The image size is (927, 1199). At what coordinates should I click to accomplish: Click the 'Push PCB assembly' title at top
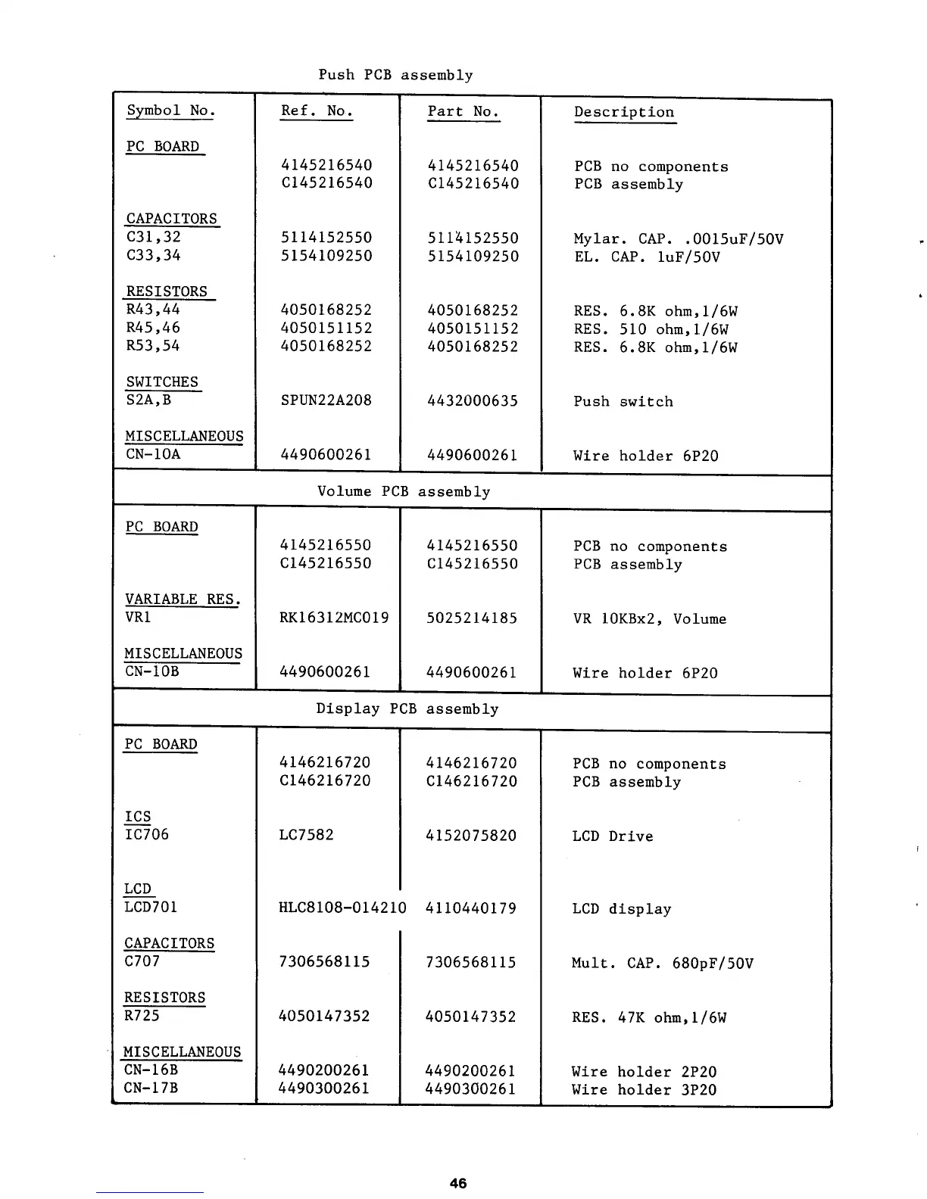click(x=395, y=75)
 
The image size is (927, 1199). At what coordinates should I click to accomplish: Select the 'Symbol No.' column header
click(x=170, y=111)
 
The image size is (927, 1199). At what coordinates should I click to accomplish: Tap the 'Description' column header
click(x=623, y=112)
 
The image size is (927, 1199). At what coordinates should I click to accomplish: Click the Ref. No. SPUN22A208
click(x=326, y=400)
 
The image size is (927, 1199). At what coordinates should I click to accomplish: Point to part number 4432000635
click(x=473, y=401)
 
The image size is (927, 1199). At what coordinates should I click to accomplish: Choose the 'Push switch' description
click(x=623, y=402)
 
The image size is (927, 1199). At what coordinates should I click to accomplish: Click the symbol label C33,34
click(x=153, y=255)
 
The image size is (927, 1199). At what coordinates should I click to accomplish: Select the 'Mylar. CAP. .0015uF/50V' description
click(x=678, y=239)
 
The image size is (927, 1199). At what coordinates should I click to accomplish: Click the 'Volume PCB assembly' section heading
click(x=404, y=492)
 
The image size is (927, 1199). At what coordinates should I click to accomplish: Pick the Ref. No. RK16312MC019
click(x=334, y=618)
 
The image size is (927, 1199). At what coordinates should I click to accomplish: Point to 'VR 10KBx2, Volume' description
click(x=649, y=619)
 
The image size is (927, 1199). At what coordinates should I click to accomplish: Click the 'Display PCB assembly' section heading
click(x=407, y=709)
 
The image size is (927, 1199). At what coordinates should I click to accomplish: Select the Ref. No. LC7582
click(x=306, y=835)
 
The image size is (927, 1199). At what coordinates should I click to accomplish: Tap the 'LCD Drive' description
click(x=612, y=836)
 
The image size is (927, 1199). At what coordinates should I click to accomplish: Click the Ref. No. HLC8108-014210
click(x=342, y=908)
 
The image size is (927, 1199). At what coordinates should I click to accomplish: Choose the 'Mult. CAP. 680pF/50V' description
click(x=662, y=964)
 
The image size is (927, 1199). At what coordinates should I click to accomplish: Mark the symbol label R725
click(x=142, y=1016)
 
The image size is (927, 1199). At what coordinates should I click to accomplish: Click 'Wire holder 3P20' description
click(x=644, y=1090)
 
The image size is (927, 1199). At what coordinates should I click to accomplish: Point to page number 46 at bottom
click(x=457, y=1183)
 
